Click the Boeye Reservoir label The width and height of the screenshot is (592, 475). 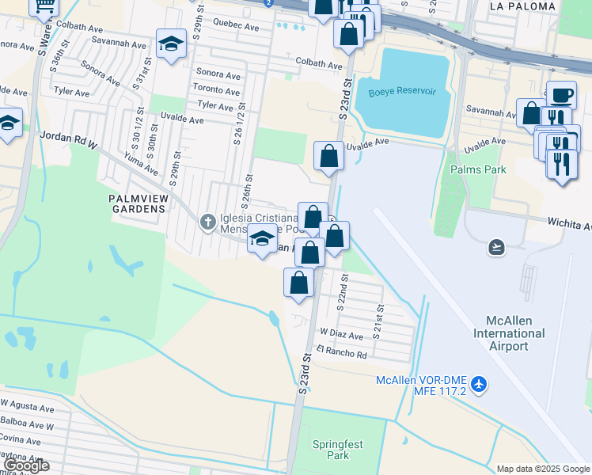click(402, 91)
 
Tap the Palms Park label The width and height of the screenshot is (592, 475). click(477, 169)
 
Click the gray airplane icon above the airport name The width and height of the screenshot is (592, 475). click(496, 248)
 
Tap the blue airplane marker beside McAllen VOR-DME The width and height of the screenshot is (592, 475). click(478, 384)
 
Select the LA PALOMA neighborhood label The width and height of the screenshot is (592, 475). click(519, 6)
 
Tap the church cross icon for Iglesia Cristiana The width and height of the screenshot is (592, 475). click(208, 221)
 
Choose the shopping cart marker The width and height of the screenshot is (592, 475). click(45, 6)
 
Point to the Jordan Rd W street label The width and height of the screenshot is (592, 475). click(68, 139)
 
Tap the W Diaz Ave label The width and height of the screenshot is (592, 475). click(341, 336)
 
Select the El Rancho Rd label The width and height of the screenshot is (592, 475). click(341, 352)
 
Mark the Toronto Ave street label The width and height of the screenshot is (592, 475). click(217, 90)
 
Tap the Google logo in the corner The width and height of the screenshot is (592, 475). click(25, 465)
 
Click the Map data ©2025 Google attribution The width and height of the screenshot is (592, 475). click(542, 469)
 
